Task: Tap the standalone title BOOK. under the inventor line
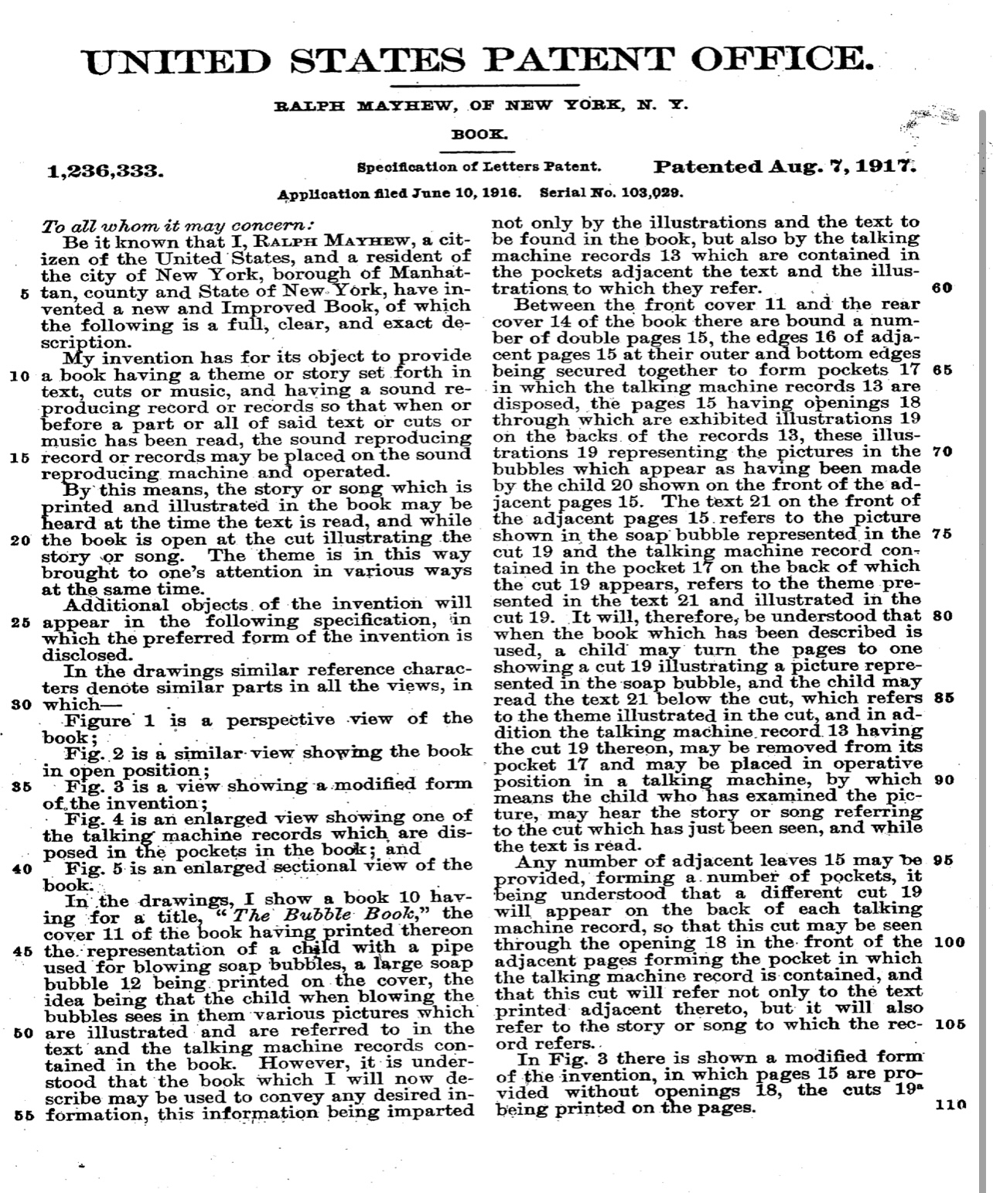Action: tap(479, 134)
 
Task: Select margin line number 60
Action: tap(942, 288)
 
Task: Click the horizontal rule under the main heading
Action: tap(485, 84)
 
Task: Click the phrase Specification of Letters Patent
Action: tap(479, 166)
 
